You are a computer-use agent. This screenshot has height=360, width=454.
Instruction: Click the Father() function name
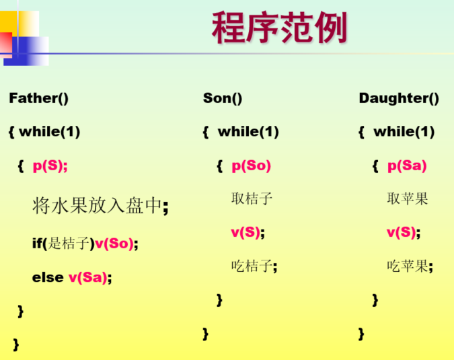(39, 98)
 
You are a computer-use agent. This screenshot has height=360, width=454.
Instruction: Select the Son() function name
(223, 98)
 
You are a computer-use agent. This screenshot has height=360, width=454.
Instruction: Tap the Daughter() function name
(399, 98)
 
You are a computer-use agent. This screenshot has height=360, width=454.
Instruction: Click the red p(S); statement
(50, 166)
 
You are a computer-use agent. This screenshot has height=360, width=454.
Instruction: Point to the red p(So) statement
(251, 166)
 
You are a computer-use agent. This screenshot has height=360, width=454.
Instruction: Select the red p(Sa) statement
(407, 166)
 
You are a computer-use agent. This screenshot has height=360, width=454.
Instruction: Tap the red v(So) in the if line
(114, 243)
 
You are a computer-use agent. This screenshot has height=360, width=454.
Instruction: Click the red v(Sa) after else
(88, 277)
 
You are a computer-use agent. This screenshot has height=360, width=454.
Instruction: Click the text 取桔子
(252, 199)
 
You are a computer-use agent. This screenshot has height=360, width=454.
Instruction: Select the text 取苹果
(408, 199)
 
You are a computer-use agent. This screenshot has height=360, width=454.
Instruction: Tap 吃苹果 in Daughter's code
(408, 266)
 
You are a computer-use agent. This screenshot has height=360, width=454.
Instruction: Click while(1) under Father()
(49, 132)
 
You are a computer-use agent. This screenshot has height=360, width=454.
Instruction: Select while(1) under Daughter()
(404, 132)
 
